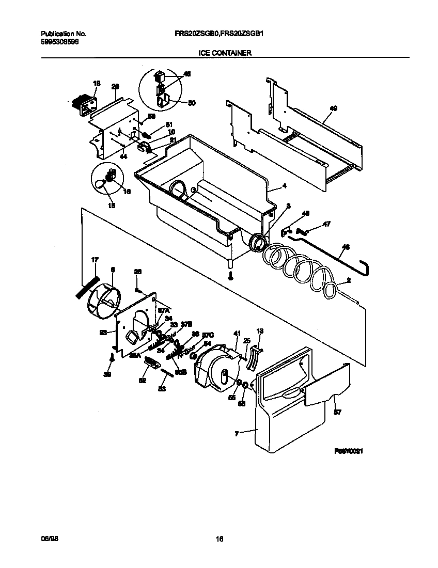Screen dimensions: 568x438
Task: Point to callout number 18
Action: [96, 83]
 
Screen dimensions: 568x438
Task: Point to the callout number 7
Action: [237, 434]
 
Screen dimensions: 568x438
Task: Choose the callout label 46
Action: [346, 247]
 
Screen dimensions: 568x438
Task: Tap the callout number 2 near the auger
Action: [349, 280]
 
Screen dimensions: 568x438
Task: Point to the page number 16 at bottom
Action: [219, 540]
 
